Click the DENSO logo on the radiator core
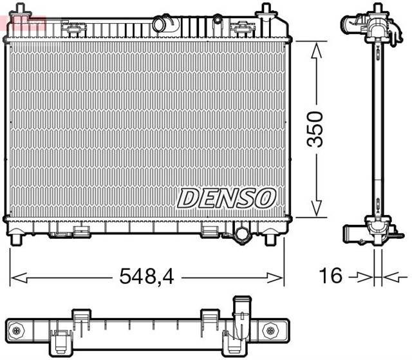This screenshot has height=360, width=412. pyautogui.click(x=227, y=198)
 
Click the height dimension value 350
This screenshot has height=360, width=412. pyautogui.click(x=315, y=129)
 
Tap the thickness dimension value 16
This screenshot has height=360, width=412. pyautogui.click(x=331, y=276)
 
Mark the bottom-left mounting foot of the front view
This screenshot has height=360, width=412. pyautogui.click(x=15, y=239)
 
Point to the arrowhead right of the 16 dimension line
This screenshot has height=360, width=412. pyautogui.click(x=387, y=277)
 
